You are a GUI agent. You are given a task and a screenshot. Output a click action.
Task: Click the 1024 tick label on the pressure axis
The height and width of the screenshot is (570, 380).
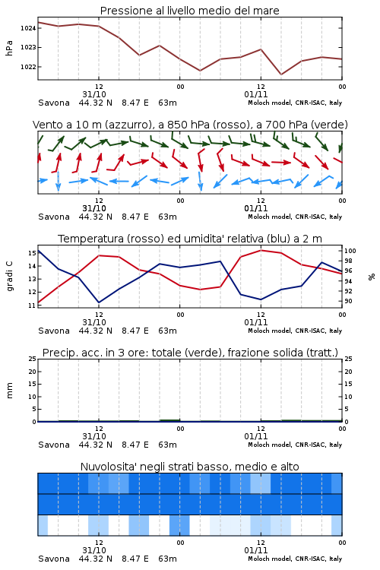pyautogui.click(x=27, y=28)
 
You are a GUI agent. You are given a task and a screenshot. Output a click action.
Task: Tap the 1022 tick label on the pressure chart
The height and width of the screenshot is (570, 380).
pyautogui.click(x=27, y=67)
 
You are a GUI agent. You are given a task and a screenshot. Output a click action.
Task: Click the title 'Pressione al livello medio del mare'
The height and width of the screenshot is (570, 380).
pyautogui.click(x=190, y=11)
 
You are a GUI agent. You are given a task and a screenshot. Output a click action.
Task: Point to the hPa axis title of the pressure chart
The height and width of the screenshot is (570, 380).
pyautogui.click(x=9, y=48)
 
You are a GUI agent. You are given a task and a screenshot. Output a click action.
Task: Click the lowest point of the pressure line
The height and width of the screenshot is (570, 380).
pyautogui.click(x=281, y=74)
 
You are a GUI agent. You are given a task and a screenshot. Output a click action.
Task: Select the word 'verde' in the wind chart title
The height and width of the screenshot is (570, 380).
pyautogui.click(x=330, y=125)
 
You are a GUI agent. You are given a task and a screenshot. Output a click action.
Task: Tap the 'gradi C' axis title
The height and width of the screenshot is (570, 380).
pyautogui.click(x=9, y=276)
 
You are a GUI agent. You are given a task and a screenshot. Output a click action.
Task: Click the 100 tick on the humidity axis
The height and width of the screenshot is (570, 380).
pyautogui.click(x=350, y=251)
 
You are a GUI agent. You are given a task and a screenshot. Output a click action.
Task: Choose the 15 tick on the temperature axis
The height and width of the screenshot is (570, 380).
pyautogui.click(x=32, y=253)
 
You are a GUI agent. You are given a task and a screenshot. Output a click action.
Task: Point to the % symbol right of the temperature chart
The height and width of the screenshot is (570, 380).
pyautogui.click(x=372, y=277)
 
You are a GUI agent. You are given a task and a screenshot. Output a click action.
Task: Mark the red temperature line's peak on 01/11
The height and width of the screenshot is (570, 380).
pyautogui.click(x=261, y=250)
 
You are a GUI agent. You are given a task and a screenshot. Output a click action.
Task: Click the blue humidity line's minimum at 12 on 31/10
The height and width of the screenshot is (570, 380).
pyautogui.click(x=99, y=302)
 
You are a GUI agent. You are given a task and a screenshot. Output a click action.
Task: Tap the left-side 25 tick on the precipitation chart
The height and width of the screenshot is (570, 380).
pyautogui.click(x=32, y=359)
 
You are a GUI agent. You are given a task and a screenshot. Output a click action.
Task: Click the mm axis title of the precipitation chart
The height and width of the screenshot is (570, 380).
pyautogui.click(x=9, y=391)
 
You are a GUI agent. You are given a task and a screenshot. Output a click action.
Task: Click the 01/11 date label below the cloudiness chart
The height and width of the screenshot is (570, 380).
pyautogui.click(x=256, y=550)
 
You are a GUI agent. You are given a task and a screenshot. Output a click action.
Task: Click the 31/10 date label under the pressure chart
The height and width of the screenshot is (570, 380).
pyautogui.click(x=94, y=94)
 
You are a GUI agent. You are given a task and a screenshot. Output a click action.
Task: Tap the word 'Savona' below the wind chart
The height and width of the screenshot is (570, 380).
pyautogui.click(x=54, y=217)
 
